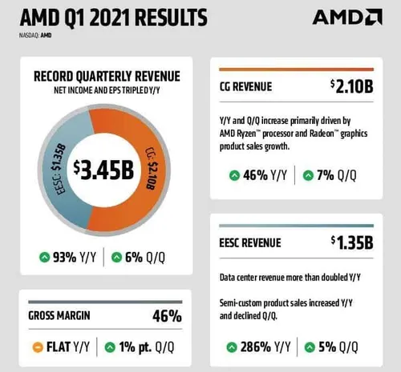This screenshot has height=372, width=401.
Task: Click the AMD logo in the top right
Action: pyautogui.click(x=346, y=17)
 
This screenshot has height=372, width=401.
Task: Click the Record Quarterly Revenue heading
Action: pyautogui.click(x=106, y=77)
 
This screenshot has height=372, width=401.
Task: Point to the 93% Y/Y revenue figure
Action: pyautogui.click(x=68, y=257)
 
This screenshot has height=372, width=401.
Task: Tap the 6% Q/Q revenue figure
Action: pyautogui.click(x=144, y=257)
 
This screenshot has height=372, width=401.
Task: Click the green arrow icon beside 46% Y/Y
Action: pyautogui.click(x=234, y=174)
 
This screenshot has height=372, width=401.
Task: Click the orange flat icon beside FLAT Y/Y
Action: pyautogui.click(x=37, y=348)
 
